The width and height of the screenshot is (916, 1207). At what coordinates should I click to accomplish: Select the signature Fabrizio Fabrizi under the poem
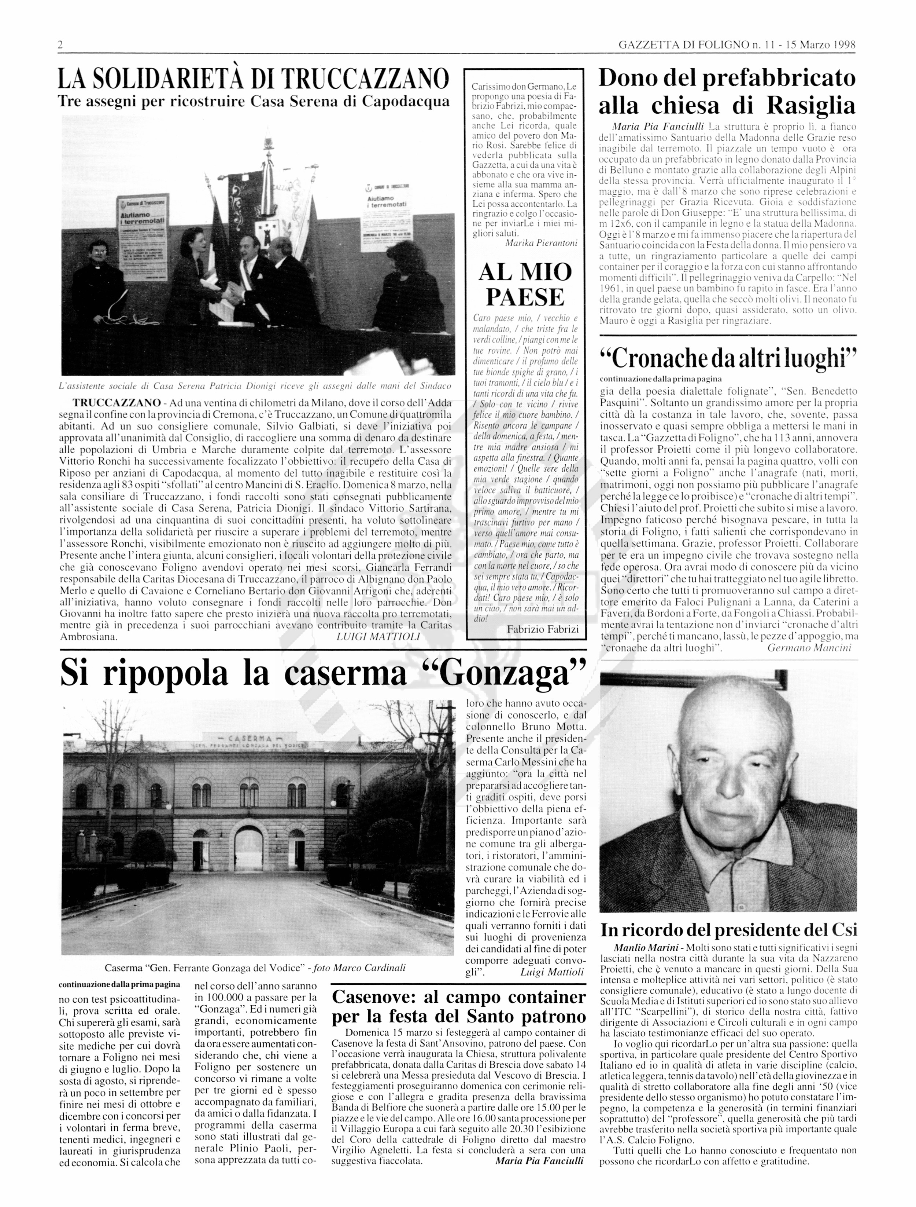(x=543, y=629)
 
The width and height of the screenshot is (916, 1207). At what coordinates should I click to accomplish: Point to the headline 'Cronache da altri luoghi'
(x=728, y=358)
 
